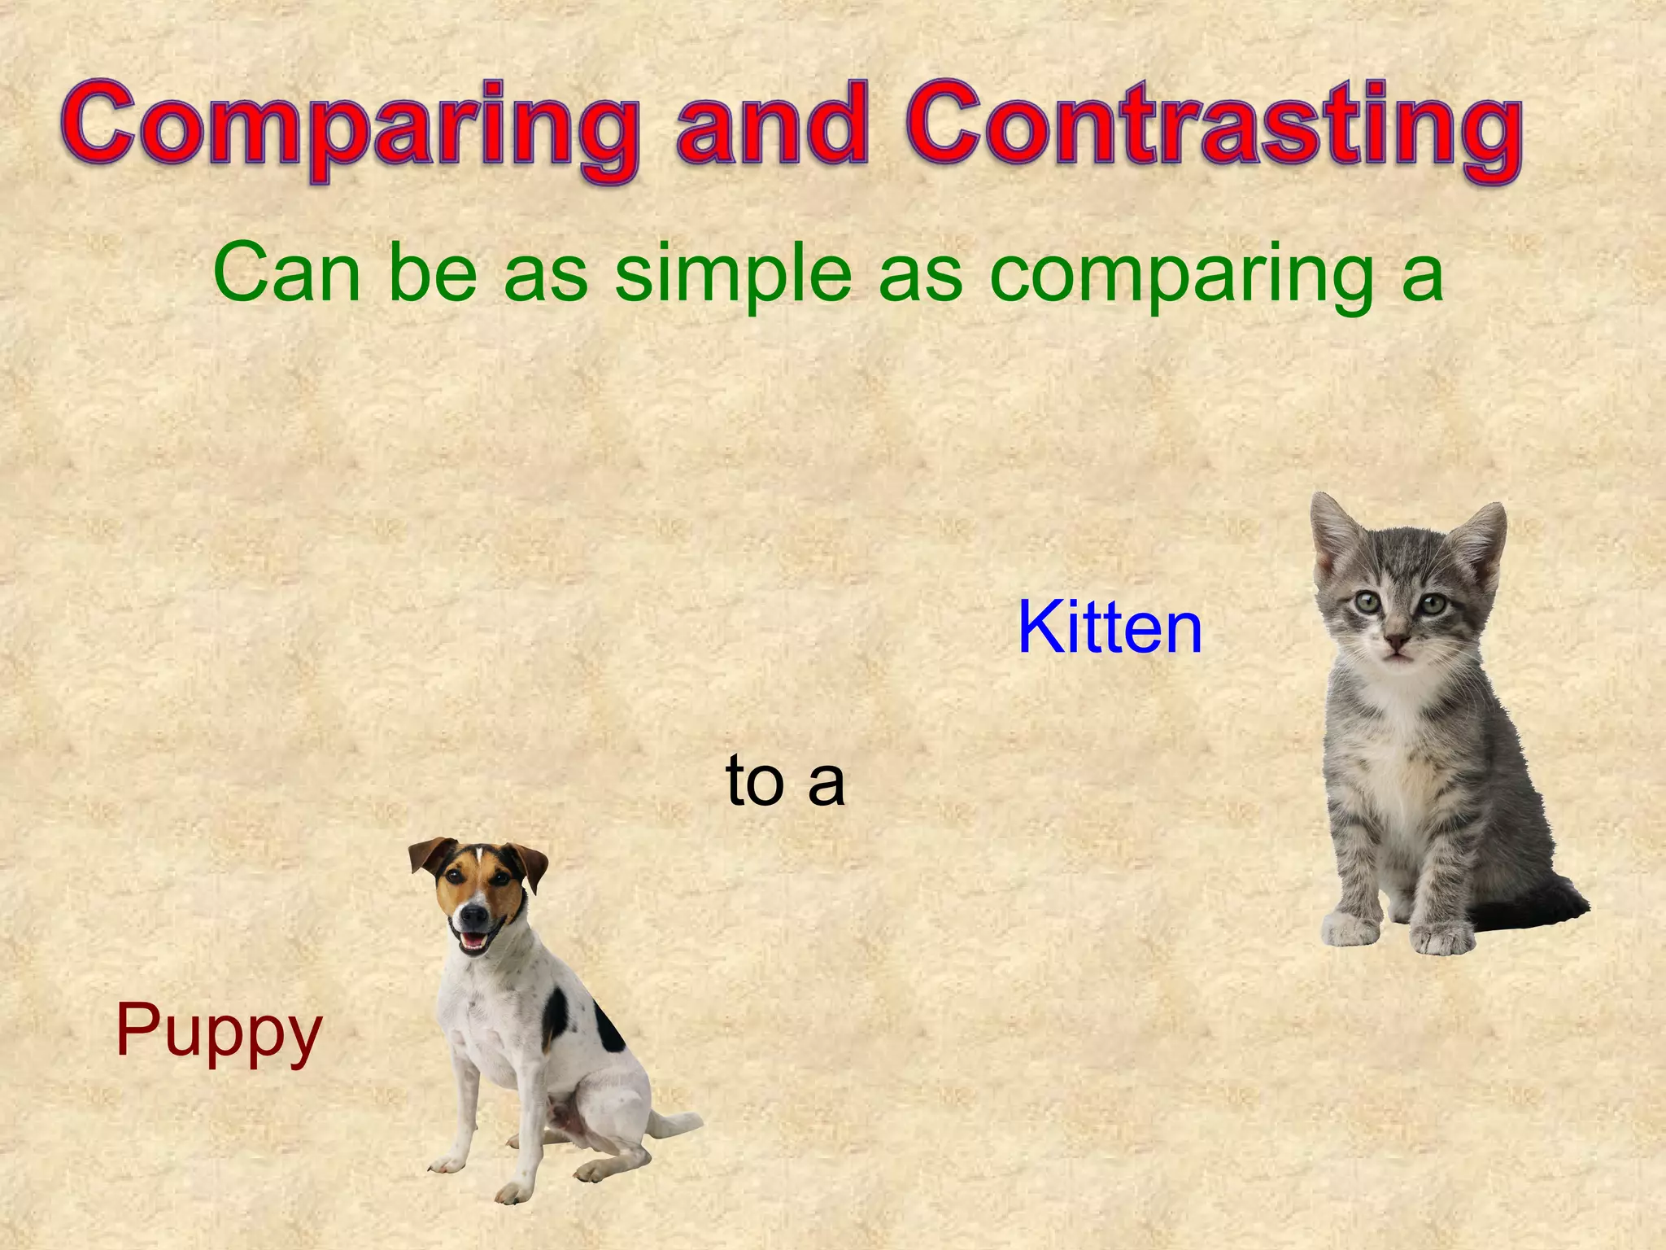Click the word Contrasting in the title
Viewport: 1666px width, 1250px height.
(x=1212, y=130)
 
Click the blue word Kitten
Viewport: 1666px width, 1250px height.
(x=1110, y=627)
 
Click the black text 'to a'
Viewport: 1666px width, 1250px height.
(x=785, y=780)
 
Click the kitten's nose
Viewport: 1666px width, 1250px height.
(x=1397, y=643)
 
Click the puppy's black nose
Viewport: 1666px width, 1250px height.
(x=471, y=916)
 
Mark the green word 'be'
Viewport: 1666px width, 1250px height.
(x=432, y=273)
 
